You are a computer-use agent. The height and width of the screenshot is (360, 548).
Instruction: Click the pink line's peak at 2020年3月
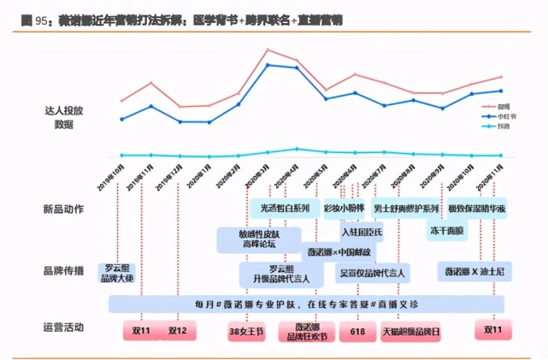point(268,50)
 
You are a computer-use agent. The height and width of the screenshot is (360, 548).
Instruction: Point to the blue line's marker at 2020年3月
point(268,65)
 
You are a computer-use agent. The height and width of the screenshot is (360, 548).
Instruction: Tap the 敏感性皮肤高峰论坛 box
point(259,239)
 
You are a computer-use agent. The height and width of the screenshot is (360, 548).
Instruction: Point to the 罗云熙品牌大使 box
point(119,273)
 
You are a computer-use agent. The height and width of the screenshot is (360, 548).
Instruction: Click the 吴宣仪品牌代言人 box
point(374,273)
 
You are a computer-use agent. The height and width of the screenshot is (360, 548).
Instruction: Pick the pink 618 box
point(356,330)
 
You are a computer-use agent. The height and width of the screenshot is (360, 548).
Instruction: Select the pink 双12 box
point(178,330)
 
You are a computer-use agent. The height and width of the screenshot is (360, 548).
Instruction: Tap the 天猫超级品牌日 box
point(411,330)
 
